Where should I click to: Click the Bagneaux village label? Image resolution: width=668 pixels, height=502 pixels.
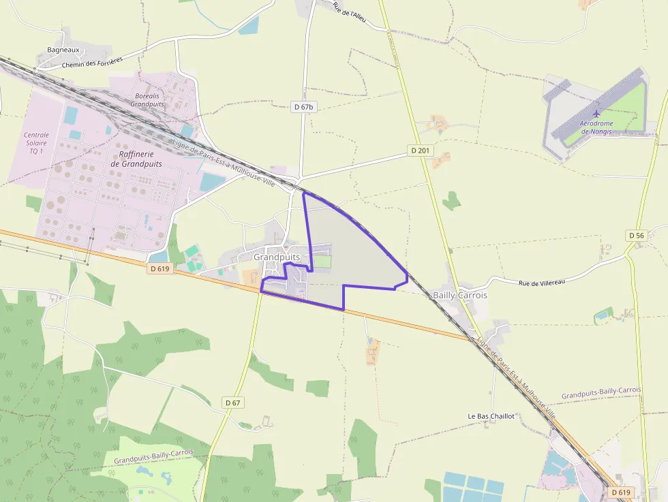[x=63, y=50]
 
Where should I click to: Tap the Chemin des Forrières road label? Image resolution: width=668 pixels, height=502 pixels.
[x=92, y=63]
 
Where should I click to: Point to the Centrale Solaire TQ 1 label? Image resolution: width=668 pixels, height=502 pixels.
[x=36, y=143]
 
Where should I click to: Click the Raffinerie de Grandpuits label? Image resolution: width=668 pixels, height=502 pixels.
[x=136, y=159]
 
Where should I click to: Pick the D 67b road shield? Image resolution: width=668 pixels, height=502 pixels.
[x=303, y=107]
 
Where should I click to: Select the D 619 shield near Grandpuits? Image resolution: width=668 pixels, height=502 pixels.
[x=158, y=269]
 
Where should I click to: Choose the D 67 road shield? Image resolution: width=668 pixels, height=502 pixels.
[x=233, y=403]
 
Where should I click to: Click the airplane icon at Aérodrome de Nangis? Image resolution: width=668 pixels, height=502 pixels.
[x=597, y=112]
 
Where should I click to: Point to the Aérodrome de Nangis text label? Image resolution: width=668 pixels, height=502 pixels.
[x=596, y=127]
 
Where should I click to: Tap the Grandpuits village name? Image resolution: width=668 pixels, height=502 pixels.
[x=277, y=257]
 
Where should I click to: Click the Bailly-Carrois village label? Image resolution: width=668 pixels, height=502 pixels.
[x=460, y=296]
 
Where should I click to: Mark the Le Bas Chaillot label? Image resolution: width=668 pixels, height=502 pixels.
[x=491, y=415]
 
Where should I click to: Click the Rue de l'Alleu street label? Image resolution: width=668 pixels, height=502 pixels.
[x=350, y=12]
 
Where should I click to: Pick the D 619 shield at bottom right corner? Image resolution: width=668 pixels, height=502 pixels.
[x=621, y=492]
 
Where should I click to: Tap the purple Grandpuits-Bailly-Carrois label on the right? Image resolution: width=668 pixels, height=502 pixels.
[x=601, y=393]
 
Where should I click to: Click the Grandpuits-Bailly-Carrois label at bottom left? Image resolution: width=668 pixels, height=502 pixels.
[x=153, y=456]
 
